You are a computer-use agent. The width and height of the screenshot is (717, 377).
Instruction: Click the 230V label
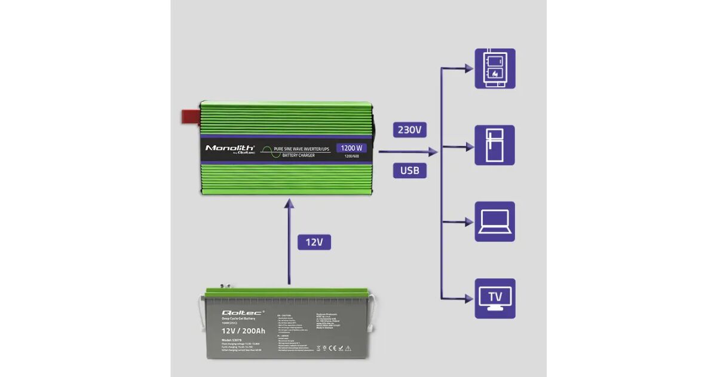[x=410, y=130]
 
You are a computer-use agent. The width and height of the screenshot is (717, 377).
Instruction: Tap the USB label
[x=410, y=171]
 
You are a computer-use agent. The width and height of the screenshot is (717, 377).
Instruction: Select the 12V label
[x=314, y=242]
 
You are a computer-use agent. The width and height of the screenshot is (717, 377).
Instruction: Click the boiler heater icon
[x=495, y=68]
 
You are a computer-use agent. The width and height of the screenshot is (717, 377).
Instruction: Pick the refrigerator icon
[x=495, y=145]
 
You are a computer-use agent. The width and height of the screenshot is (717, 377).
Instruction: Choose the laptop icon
[x=495, y=221]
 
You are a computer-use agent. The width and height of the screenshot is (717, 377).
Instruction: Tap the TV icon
[x=495, y=298]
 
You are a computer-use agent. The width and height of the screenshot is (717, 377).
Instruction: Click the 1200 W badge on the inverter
[x=351, y=148]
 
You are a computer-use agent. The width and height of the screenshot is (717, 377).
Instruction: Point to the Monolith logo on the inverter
[x=230, y=148]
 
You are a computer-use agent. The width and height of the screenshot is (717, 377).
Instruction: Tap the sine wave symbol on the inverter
[x=265, y=152]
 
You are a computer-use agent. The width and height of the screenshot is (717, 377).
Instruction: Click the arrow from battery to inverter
[x=289, y=239]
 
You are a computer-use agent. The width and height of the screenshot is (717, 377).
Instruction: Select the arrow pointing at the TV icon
[x=460, y=298]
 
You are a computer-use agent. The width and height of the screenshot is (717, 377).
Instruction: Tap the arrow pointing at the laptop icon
[x=460, y=222]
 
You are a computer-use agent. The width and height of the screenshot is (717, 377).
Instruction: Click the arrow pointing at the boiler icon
[x=460, y=69]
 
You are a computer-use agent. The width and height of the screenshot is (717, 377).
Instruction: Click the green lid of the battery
[x=287, y=293]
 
